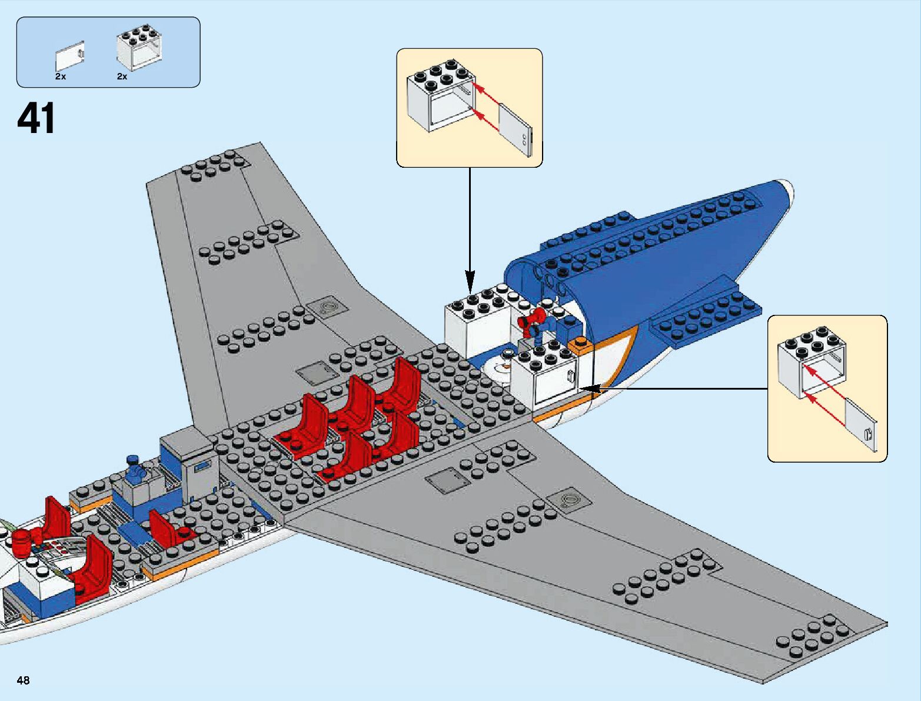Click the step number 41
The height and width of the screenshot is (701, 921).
click(36, 119)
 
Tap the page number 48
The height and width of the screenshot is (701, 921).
click(23, 680)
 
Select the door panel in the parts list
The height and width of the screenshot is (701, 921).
click(70, 57)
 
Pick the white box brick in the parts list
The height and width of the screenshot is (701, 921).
click(140, 49)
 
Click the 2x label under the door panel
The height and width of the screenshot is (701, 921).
click(61, 77)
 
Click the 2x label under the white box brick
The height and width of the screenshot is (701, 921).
click(122, 77)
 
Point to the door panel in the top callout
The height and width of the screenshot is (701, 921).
click(516, 130)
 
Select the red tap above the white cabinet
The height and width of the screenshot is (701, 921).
click(529, 320)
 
